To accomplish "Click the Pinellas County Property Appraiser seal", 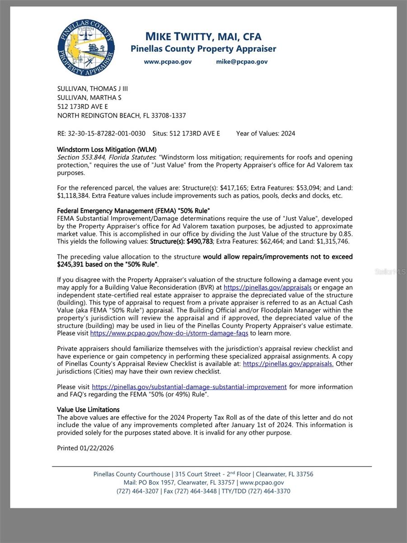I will [86, 48].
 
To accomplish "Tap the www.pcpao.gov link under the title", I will [168, 62].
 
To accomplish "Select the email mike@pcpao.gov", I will [242, 62].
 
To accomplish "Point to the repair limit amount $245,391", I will [75, 264].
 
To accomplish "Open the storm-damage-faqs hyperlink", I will [169, 333].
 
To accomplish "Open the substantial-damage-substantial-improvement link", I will [189, 387].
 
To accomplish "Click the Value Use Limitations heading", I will [88, 410].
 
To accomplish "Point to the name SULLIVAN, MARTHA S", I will [89, 97].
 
